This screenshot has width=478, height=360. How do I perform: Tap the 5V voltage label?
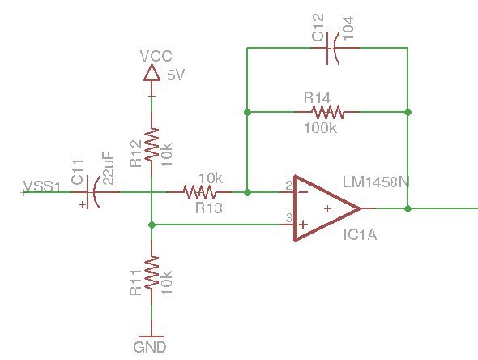pos(176,75)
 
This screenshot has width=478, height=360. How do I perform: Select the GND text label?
pos(151,347)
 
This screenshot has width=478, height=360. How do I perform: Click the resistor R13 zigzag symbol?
pos(198,193)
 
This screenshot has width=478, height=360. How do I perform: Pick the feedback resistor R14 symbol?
pos(326,112)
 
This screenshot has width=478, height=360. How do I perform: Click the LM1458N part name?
pos(376,182)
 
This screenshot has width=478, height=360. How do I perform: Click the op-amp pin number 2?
pos(288,186)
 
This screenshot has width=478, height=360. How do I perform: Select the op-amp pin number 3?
pos(288,218)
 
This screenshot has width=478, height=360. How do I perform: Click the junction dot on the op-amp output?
pos(408,208)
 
